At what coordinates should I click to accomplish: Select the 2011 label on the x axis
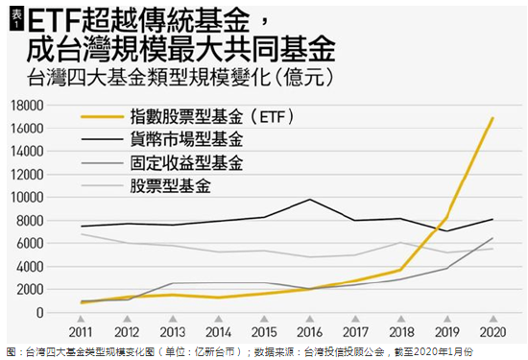(81, 331)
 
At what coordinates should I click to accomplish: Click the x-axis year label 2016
(310, 331)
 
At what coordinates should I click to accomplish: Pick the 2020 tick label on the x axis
(493, 331)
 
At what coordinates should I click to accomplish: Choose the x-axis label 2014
(218, 331)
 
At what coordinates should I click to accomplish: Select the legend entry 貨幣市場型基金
(188, 139)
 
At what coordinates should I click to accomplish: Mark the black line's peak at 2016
(310, 200)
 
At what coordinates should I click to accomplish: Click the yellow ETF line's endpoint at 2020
(493, 118)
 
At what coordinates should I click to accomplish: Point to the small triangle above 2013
(173, 319)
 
